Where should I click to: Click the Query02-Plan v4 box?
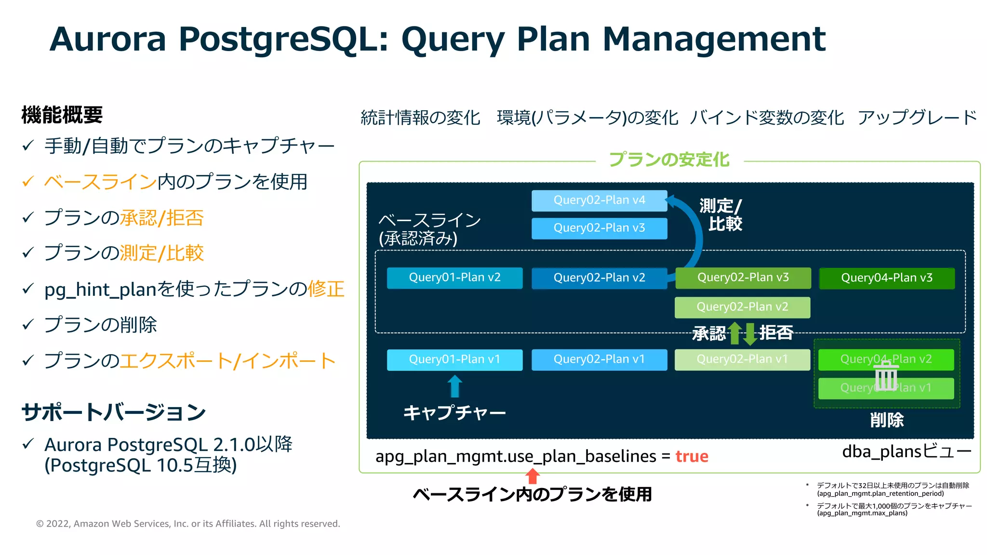click(x=599, y=200)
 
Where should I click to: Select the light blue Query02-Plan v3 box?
click(x=599, y=228)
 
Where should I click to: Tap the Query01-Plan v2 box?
click(x=454, y=278)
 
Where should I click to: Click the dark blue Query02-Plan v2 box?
click(x=599, y=278)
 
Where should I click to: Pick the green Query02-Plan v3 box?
click(x=743, y=278)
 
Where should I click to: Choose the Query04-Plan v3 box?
click(x=887, y=278)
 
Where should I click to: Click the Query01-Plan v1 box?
click(x=454, y=359)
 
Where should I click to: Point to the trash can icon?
click(x=886, y=376)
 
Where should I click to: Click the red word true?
click(x=692, y=456)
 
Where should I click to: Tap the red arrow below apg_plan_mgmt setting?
click(x=533, y=476)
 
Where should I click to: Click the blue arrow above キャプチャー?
click(x=454, y=386)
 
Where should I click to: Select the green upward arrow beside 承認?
click(x=734, y=333)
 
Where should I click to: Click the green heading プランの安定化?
click(x=669, y=159)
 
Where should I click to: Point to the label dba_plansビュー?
click(x=906, y=452)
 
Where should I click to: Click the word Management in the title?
click(x=714, y=39)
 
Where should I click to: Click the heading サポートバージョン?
click(x=114, y=412)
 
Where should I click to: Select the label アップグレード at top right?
click(x=917, y=118)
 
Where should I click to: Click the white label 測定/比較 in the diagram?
click(x=721, y=215)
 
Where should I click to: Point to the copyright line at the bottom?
click(x=188, y=524)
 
